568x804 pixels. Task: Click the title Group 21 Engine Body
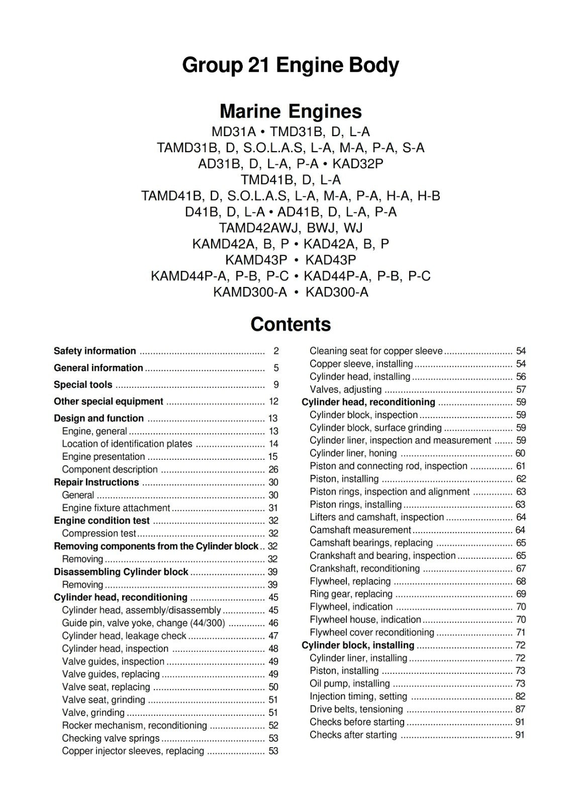click(290, 65)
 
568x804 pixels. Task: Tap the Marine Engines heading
click(291, 111)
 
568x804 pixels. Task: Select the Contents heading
click(291, 324)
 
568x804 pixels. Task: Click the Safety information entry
click(94, 351)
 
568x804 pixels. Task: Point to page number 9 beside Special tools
click(276, 385)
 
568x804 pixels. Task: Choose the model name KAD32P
click(358, 164)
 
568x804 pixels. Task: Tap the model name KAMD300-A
click(250, 292)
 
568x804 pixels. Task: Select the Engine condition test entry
click(102, 521)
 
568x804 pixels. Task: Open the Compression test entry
click(99, 534)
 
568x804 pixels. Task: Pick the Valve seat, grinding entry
click(103, 700)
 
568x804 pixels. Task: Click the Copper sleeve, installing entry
click(361, 364)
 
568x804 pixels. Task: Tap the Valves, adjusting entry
click(345, 389)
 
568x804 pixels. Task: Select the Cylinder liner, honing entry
click(353, 453)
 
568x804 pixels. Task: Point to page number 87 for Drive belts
click(520, 710)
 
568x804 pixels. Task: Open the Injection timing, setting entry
click(358, 696)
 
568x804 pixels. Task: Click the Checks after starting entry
click(353, 735)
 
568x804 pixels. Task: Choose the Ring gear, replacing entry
click(351, 594)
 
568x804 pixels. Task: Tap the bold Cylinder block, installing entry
click(358, 645)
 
